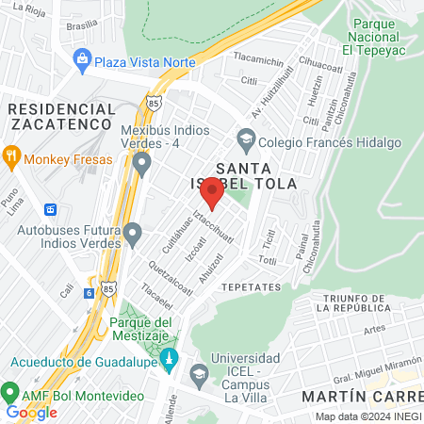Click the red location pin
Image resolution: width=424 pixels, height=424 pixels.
coord(213,193)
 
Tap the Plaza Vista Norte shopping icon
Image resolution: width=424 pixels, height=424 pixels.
coord(83,61)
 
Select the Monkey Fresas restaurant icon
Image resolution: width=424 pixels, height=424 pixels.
coord(11,159)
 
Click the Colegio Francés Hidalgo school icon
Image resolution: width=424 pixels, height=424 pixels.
coord(246,139)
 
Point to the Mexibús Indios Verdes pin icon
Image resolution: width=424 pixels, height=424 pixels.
coord(142,165)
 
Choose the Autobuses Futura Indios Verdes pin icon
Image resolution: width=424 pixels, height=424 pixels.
coord(133,232)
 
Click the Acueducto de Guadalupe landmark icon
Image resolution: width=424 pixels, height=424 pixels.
coord(170,360)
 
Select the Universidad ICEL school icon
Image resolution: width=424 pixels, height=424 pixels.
coord(199,375)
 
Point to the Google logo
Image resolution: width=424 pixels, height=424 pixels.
coord(31,412)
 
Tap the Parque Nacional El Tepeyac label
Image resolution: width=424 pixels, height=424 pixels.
coord(383,36)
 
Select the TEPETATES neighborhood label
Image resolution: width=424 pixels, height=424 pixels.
coord(251,285)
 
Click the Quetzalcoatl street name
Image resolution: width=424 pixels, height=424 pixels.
coord(170,272)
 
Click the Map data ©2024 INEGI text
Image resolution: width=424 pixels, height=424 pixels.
coord(367,416)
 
